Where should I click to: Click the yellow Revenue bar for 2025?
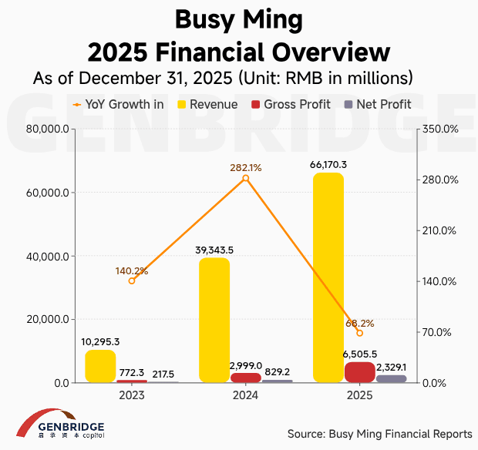click(x=328, y=277)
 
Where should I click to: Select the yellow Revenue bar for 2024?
click(x=214, y=320)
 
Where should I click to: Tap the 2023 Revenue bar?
click(x=100, y=366)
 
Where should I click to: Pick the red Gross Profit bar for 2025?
click(x=359, y=372)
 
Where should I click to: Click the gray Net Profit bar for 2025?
click(x=391, y=378)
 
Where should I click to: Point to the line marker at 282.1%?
click(x=246, y=178)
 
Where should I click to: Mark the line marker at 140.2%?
click(x=132, y=280)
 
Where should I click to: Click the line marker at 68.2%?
click(x=359, y=333)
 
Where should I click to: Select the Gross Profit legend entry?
click(x=290, y=104)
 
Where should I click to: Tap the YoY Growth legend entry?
click(x=117, y=104)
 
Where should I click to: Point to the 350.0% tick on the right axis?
click(x=437, y=129)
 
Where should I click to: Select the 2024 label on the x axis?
click(x=245, y=395)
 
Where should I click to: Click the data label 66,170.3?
click(x=328, y=165)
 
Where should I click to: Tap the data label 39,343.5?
click(x=214, y=249)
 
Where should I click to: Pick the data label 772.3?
click(x=132, y=372)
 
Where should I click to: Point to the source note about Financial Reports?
click(x=379, y=433)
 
